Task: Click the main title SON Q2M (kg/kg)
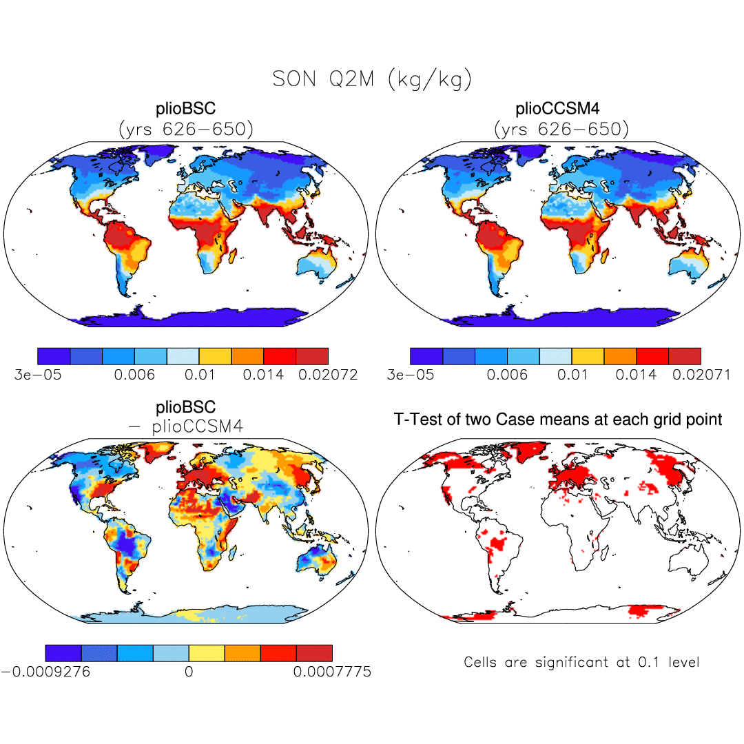coord(372,80)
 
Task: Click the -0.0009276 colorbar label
coord(45,672)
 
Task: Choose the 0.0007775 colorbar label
coord(332,672)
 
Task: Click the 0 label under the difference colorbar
coord(188,672)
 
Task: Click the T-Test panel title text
coord(558,419)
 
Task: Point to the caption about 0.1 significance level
coord(581,663)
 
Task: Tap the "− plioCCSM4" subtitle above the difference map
coord(186,426)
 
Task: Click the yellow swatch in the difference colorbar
coord(207,653)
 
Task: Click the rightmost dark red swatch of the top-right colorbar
coord(685,356)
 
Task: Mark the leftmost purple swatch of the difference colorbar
coord(63,653)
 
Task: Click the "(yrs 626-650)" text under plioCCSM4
coord(561,129)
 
